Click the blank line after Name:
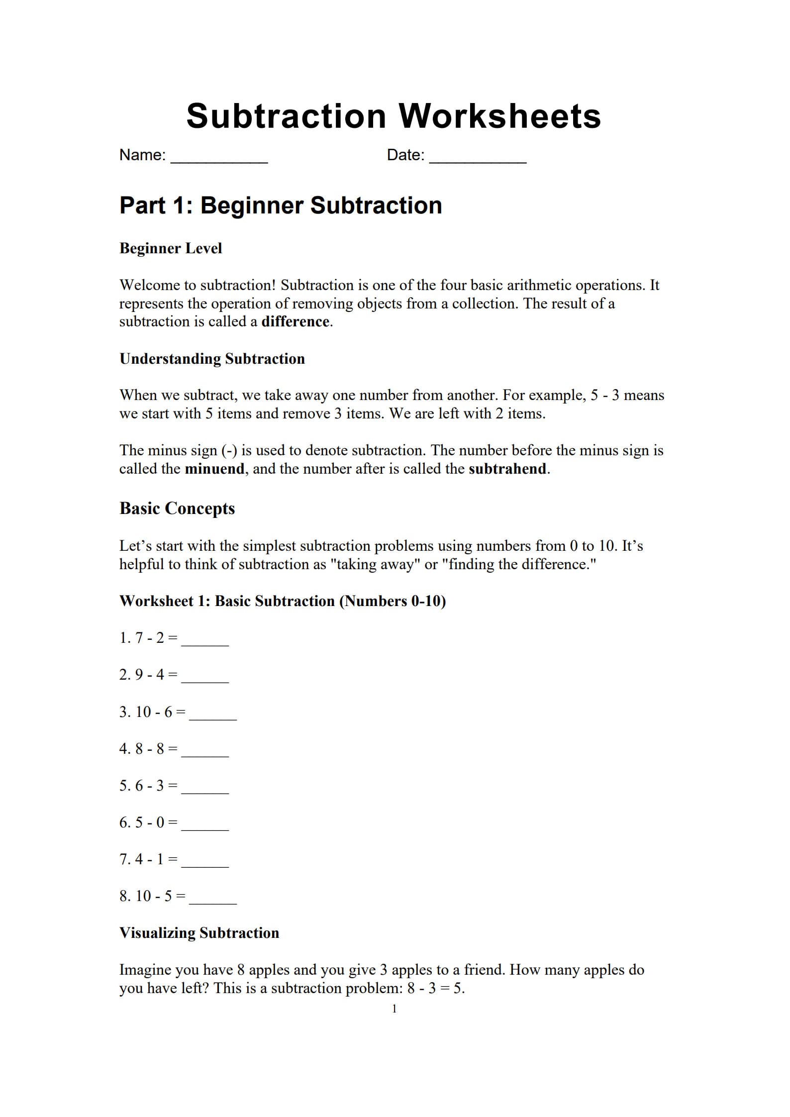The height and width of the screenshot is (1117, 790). (x=219, y=158)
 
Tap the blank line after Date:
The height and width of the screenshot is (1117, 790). (x=478, y=158)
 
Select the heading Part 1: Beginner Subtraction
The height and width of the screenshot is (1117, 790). (x=281, y=205)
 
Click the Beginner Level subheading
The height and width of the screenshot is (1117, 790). (x=171, y=248)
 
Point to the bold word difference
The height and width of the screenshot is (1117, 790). (x=295, y=321)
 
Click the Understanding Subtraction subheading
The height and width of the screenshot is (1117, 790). (x=212, y=359)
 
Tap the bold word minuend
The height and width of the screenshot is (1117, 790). (x=214, y=469)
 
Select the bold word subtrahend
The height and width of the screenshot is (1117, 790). (x=507, y=469)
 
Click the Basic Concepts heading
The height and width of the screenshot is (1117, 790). (x=177, y=508)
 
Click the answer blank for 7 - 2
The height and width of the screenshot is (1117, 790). (x=205, y=642)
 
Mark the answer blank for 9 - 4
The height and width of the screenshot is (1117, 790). (x=205, y=679)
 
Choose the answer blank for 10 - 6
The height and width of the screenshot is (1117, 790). (x=213, y=716)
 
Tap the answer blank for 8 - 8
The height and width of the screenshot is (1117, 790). (x=205, y=753)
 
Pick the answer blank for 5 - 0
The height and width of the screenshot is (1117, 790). (x=205, y=826)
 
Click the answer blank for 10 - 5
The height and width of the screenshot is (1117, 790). (x=213, y=900)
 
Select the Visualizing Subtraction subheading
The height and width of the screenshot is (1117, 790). (x=199, y=933)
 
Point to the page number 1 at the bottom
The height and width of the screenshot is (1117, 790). (x=395, y=1009)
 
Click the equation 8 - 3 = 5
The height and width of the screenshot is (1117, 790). (x=435, y=989)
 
